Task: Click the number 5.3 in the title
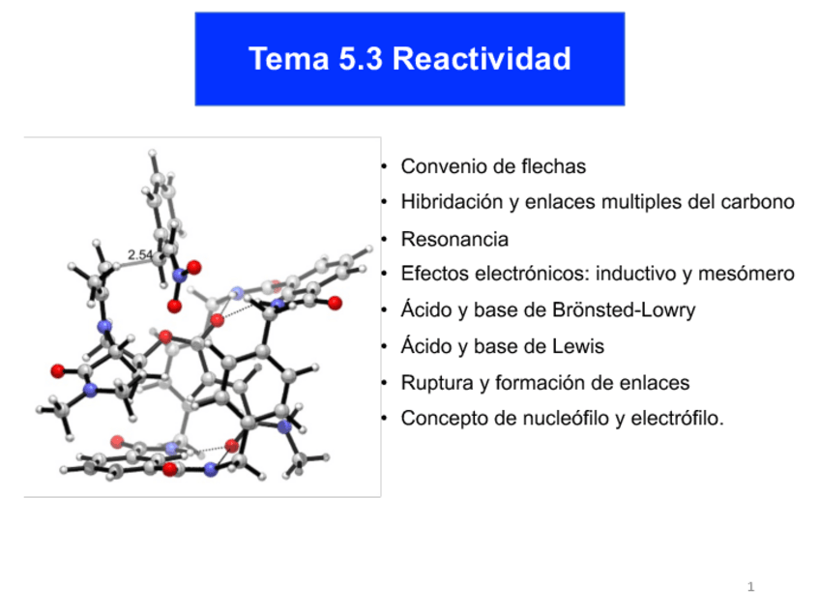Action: click(x=361, y=59)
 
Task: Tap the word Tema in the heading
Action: click(x=287, y=59)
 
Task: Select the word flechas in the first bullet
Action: click(x=550, y=166)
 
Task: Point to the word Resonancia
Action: click(x=454, y=238)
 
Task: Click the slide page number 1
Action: click(x=750, y=587)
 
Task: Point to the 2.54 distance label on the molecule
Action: click(x=139, y=255)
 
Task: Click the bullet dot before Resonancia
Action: click(x=385, y=239)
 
